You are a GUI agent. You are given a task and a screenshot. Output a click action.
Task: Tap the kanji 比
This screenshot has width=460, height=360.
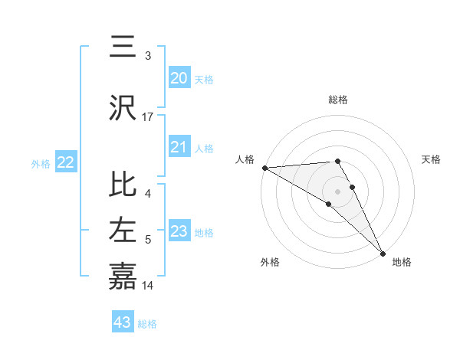click(123, 186)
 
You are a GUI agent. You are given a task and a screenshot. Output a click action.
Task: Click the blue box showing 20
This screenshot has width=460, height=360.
click(179, 78)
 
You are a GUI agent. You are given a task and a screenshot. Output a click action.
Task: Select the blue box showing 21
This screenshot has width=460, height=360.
click(179, 148)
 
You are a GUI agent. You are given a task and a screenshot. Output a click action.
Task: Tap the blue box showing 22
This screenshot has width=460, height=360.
click(66, 162)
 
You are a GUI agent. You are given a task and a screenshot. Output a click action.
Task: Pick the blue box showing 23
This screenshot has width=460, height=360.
click(179, 232)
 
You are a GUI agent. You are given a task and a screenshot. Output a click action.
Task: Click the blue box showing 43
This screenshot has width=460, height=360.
click(123, 322)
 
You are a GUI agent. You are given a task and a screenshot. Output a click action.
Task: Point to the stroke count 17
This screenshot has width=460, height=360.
click(148, 117)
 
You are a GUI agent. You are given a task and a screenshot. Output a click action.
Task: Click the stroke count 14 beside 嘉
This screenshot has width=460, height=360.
click(148, 286)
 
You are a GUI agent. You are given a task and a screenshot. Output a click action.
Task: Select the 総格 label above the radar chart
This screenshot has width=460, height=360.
click(338, 100)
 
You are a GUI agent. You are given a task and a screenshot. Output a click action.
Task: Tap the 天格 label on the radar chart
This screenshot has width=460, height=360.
click(432, 159)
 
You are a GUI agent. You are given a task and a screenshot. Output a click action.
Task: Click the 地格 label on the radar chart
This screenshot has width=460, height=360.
click(402, 262)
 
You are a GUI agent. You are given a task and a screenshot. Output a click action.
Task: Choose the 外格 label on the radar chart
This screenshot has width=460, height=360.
click(270, 262)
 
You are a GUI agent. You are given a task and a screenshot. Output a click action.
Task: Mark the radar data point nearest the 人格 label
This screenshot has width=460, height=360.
click(264, 167)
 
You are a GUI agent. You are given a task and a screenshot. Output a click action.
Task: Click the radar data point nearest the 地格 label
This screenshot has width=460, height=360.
click(383, 252)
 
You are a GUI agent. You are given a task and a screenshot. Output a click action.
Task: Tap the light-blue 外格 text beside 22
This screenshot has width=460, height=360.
click(41, 163)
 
